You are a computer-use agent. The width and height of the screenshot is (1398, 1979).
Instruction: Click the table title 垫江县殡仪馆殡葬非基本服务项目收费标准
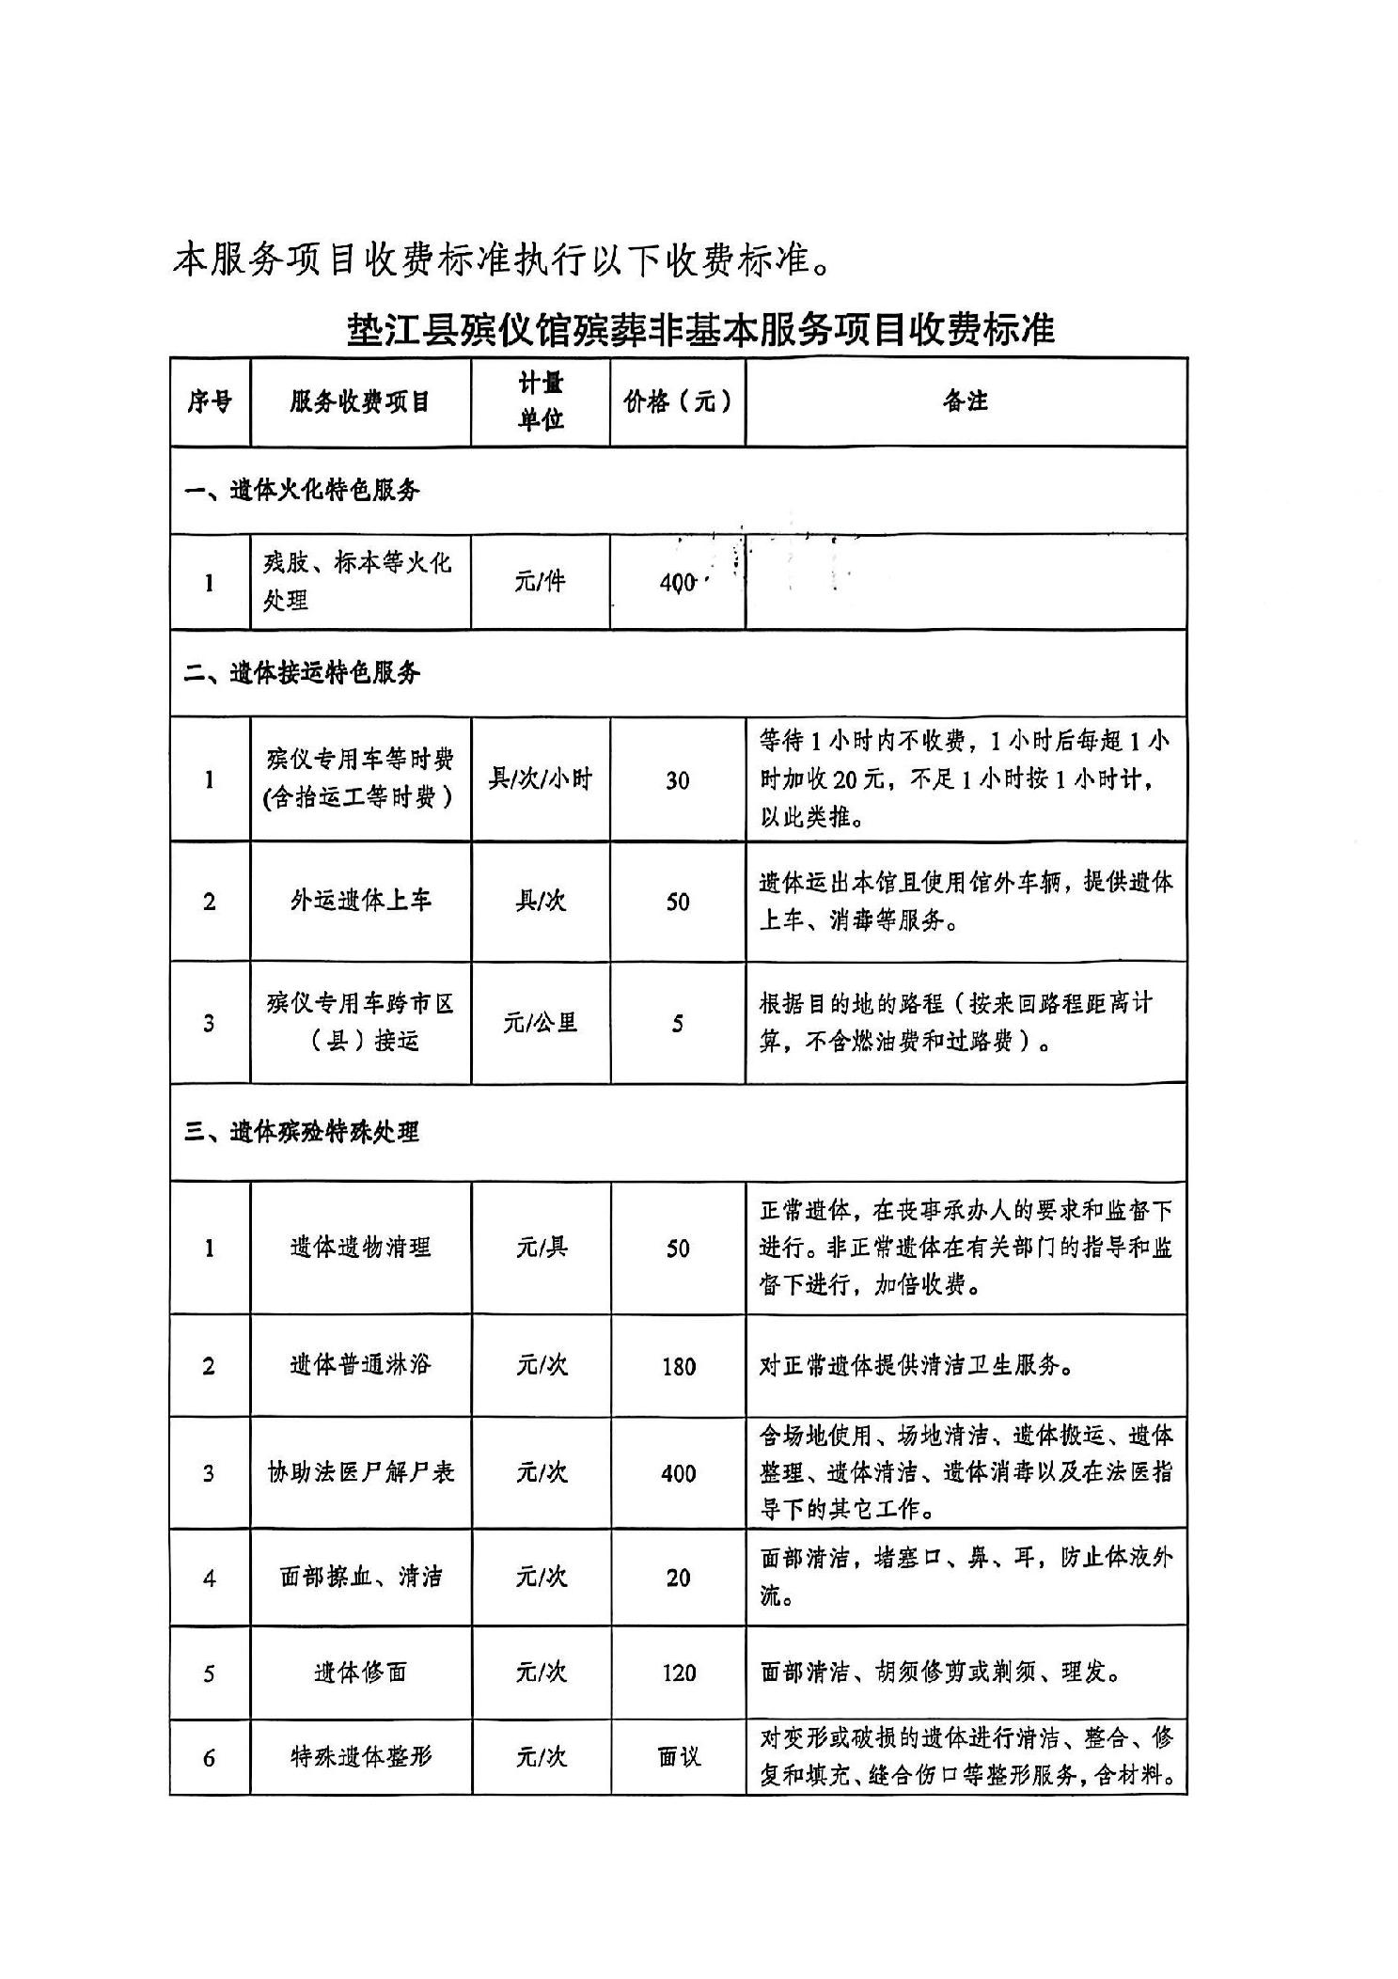[700, 329]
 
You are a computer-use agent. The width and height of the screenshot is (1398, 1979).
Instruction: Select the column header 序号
[209, 402]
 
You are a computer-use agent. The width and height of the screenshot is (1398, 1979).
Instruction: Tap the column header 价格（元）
[677, 402]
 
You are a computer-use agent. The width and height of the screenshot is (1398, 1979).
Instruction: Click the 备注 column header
[966, 401]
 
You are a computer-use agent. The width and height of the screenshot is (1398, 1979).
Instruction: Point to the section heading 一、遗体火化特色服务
[302, 490]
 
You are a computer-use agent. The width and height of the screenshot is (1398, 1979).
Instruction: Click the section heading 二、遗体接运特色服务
[302, 673]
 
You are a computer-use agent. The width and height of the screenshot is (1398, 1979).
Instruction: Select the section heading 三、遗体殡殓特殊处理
[302, 1132]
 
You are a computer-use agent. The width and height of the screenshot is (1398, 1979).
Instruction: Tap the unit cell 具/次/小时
[540, 779]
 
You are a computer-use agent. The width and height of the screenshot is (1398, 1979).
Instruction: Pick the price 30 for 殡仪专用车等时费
[677, 780]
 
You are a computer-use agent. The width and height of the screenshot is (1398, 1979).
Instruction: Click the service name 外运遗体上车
[360, 901]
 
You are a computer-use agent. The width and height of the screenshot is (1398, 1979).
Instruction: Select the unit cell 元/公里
[540, 1022]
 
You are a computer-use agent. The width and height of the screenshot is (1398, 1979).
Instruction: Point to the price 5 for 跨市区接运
[677, 1023]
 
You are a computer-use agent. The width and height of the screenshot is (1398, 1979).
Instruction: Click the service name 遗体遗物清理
[360, 1248]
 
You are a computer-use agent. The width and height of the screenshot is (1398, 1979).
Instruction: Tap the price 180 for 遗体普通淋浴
[678, 1366]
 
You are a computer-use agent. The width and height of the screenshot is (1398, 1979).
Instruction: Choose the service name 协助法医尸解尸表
[360, 1472]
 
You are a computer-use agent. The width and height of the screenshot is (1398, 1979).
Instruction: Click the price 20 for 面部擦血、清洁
[678, 1578]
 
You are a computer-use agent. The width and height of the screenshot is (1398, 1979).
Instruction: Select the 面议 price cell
[678, 1756]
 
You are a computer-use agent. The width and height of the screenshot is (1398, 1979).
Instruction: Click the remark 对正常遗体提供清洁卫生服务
[917, 1365]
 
